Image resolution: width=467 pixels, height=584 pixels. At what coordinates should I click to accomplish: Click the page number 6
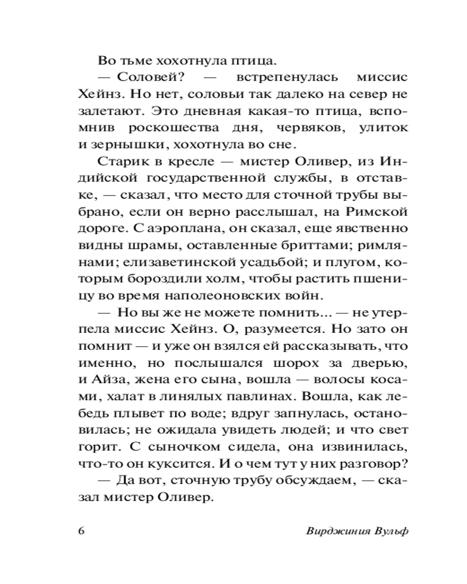pyautogui.click(x=81, y=531)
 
